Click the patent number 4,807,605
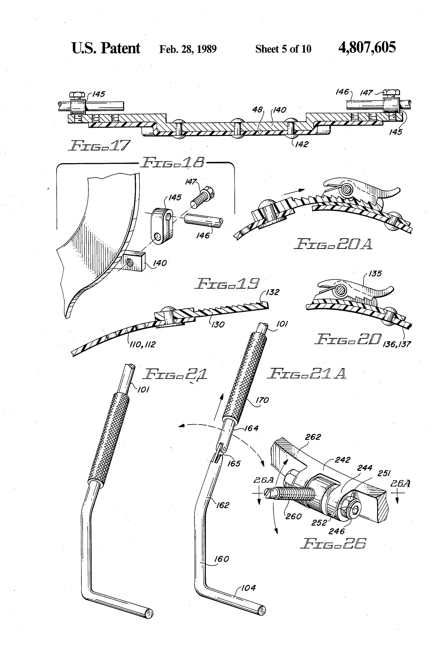point(367,48)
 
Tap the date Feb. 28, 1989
point(188,49)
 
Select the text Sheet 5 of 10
point(283,49)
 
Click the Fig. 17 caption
point(99,145)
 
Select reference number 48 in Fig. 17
point(257,110)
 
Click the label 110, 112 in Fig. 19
point(143,344)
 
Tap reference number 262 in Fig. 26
point(313,437)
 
